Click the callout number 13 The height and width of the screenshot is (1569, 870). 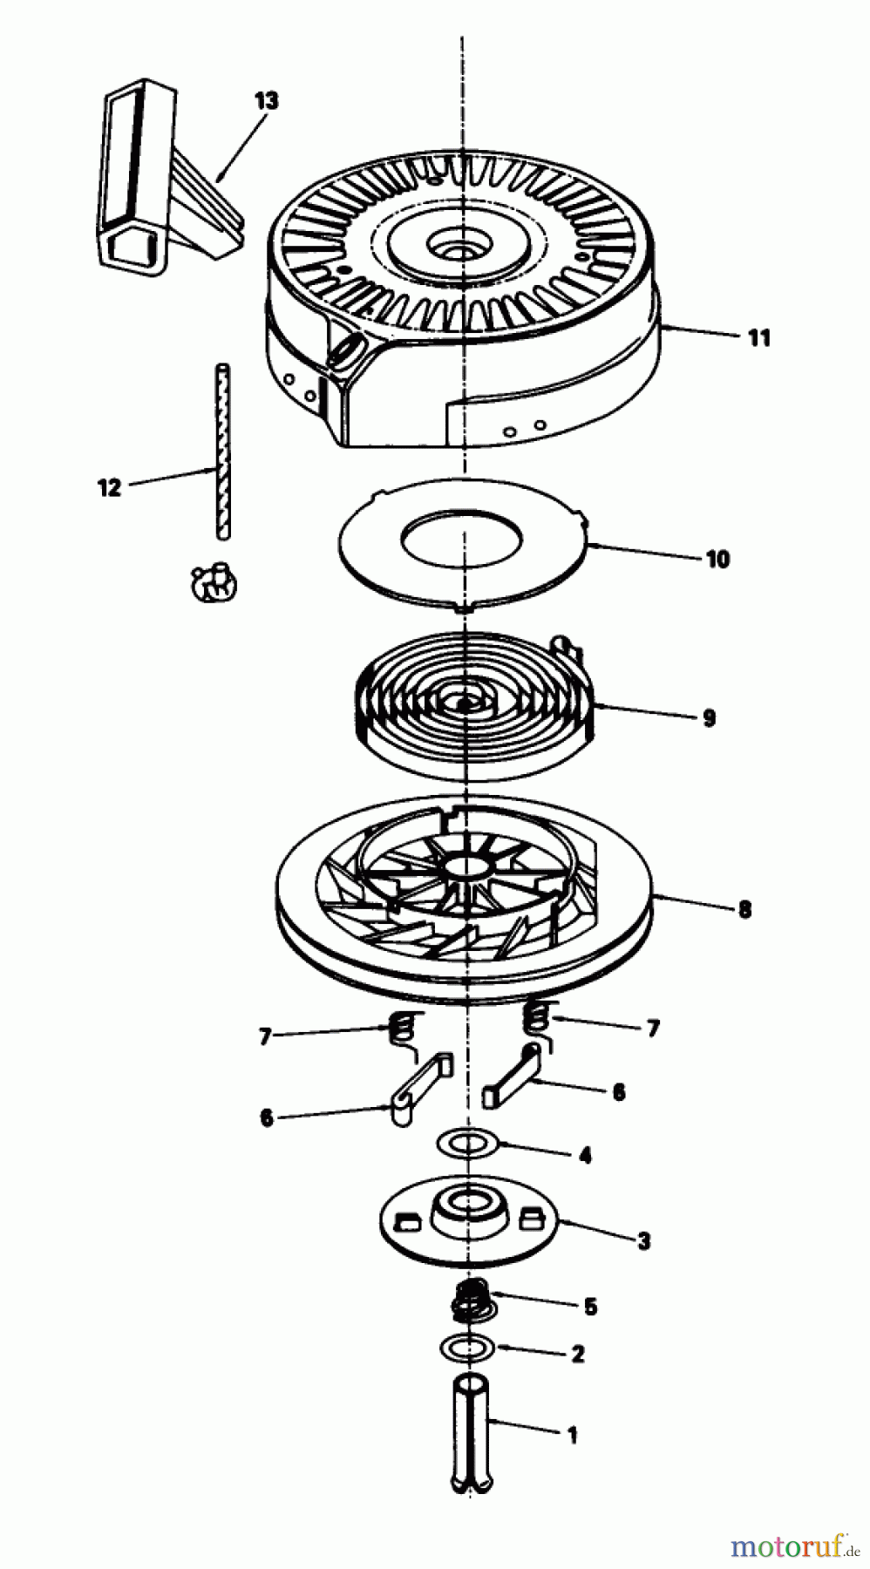click(x=266, y=100)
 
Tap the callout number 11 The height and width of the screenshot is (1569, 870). click(x=759, y=337)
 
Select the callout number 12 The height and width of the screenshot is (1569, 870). click(x=109, y=487)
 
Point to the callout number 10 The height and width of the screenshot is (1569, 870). click(x=717, y=559)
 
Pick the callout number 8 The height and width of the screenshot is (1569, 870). click(x=744, y=909)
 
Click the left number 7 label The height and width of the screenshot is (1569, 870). click(x=265, y=1036)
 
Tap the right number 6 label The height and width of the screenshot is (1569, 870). click(x=618, y=1091)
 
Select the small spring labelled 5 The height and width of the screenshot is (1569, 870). click(x=472, y=1299)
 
